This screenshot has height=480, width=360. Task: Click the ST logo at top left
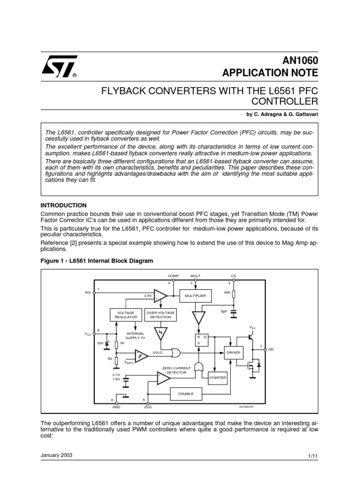59,66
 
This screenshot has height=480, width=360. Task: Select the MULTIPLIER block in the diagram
195,296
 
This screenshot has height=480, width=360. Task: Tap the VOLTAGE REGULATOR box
125,315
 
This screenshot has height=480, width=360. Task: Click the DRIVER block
233,352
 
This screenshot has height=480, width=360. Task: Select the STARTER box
217,377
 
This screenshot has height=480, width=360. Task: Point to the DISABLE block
186,394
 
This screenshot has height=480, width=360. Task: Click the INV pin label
88,292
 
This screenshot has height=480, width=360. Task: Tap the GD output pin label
271,350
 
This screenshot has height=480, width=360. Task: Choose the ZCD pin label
148,407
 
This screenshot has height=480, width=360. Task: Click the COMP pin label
173,276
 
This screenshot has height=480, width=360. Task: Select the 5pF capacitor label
224,311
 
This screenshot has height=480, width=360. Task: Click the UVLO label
157,352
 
